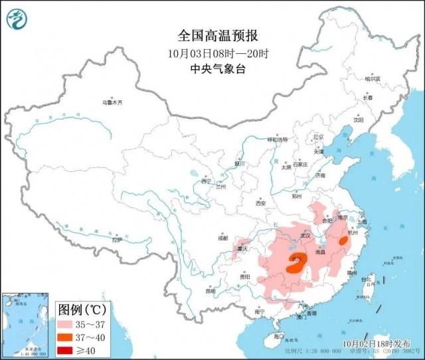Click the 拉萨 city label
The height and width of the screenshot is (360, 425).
[x=117, y=240]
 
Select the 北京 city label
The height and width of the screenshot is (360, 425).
[x=318, y=137]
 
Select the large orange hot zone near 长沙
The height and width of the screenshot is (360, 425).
[x=296, y=265]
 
